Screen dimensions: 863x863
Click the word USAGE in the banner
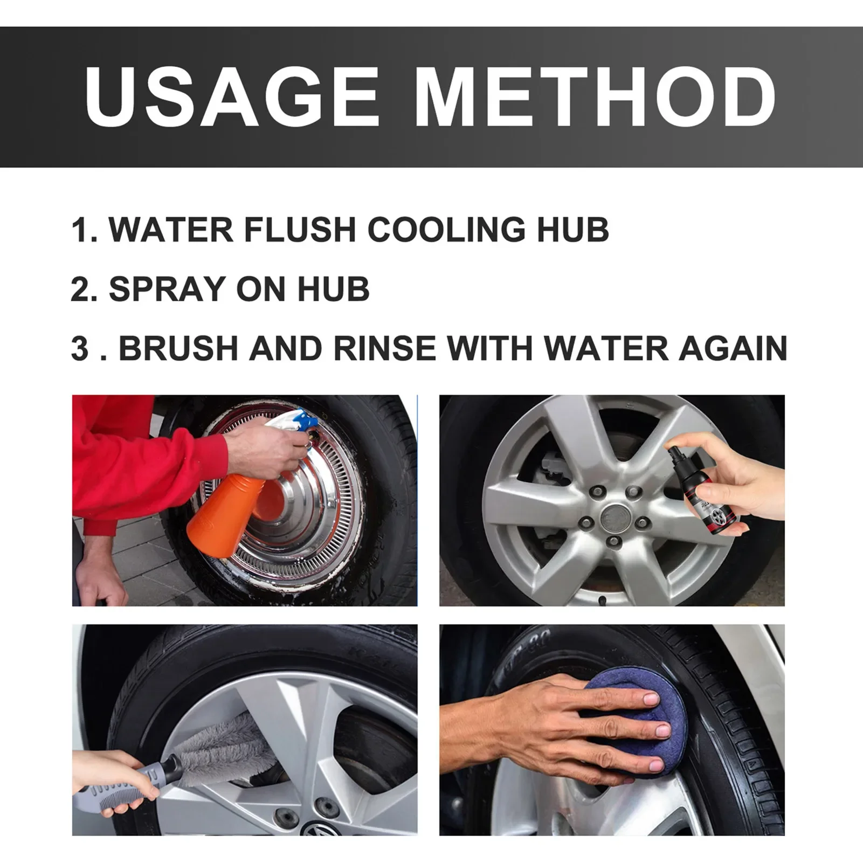pyautogui.click(x=232, y=96)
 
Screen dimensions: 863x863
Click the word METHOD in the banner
pyautogui.click(x=595, y=96)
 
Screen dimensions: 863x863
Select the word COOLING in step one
pyautogui.click(x=446, y=230)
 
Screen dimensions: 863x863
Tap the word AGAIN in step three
pyautogui.click(x=733, y=348)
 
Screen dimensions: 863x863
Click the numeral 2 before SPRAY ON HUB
pyautogui.click(x=79, y=289)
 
